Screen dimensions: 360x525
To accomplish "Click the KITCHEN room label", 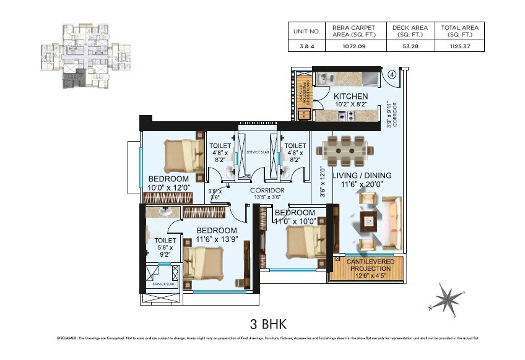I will pyautogui.click(x=350, y=96).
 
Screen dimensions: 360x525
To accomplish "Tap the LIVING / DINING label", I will pyautogui.click(x=362, y=176).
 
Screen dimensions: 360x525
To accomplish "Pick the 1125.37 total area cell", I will pyautogui.click(x=459, y=45).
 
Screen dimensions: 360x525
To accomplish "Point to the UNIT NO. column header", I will pyautogui.click(x=308, y=30).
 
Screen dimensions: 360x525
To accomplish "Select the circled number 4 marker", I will pyautogui.click(x=392, y=75).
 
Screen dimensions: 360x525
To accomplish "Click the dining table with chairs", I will pyautogui.click(x=345, y=150).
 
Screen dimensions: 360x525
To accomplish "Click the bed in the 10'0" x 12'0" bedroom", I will pyautogui.click(x=183, y=155).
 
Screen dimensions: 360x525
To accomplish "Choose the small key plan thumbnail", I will pyautogui.click(x=86, y=56).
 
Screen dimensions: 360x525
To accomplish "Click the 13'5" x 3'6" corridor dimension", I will pyautogui.click(x=267, y=198).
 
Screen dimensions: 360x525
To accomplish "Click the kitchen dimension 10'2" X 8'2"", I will pyautogui.click(x=350, y=105).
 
